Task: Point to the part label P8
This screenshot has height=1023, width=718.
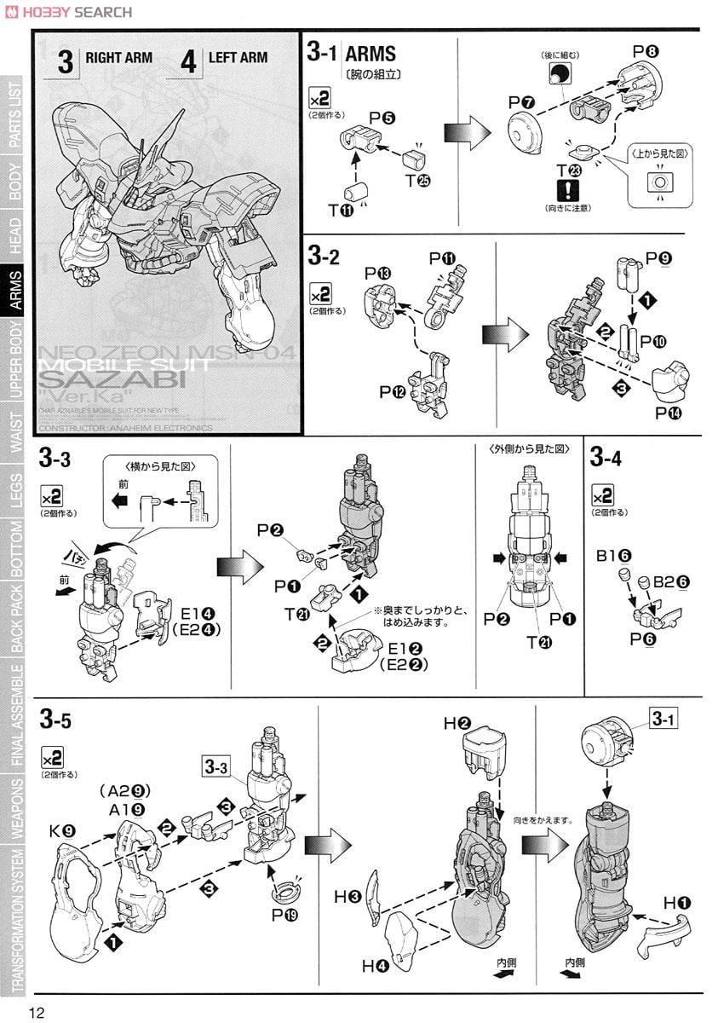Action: tap(644, 52)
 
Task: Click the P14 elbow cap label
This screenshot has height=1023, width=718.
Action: tap(667, 412)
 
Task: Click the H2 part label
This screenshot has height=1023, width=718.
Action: tap(457, 724)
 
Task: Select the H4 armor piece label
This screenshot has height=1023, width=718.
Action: tap(375, 965)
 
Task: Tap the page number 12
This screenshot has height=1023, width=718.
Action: tap(37, 1011)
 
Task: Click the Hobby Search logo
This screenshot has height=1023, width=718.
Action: tap(75, 11)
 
